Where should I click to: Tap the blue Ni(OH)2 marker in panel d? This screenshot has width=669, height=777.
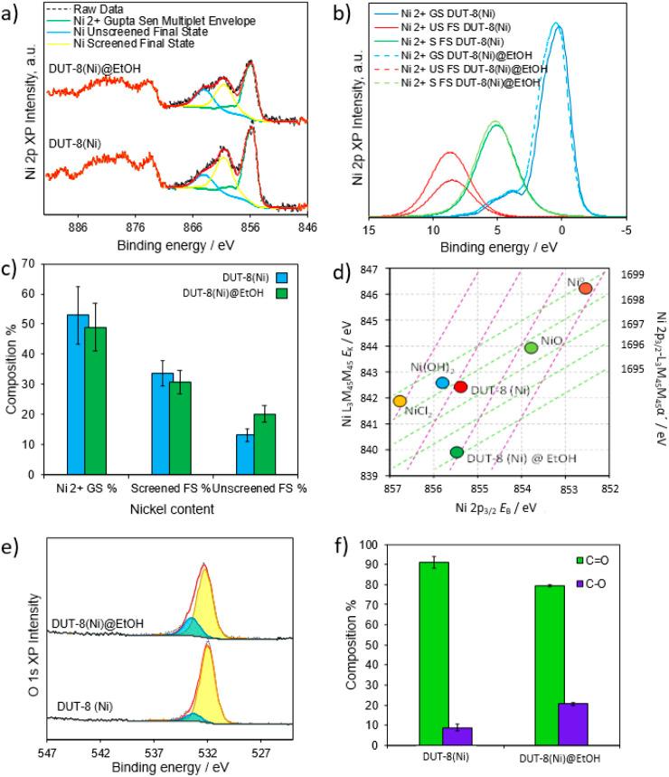442,383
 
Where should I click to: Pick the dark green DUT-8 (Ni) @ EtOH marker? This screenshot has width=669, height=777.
457,452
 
